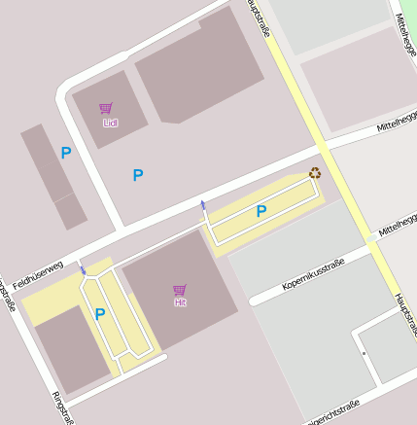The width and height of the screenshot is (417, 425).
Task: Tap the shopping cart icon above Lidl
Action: point(106,109)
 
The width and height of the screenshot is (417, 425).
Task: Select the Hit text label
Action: point(180,302)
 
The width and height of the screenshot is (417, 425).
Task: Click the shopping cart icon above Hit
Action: point(180,290)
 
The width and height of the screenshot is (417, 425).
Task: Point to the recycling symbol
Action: point(315,174)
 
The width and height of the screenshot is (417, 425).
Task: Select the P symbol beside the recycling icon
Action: point(261,211)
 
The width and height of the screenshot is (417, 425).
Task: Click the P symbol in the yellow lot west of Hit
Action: point(100,314)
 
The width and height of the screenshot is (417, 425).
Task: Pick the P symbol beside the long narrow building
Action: point(66,153)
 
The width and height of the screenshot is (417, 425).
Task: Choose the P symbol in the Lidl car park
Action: point(138,175)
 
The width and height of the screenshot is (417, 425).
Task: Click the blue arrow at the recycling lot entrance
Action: point(202,204)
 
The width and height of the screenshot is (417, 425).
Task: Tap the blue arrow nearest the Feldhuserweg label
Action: point(83,269)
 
